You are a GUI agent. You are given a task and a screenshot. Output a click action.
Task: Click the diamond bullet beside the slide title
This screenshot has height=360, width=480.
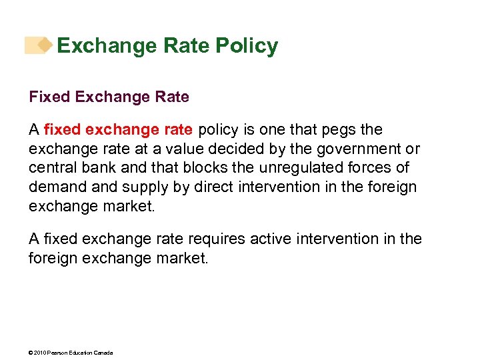(x=44, y=45)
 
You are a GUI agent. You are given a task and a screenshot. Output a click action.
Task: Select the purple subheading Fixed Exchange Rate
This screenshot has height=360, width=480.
(x=109, y=97)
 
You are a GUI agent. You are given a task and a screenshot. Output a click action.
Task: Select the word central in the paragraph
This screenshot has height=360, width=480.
(x=51, y=168)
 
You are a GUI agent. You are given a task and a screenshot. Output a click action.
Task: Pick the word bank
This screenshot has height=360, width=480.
(x=94, y=168)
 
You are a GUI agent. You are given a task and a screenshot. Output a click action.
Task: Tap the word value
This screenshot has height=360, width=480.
(x=176, y=149)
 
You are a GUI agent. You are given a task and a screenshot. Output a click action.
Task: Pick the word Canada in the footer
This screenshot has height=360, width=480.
(x=104, y=353)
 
